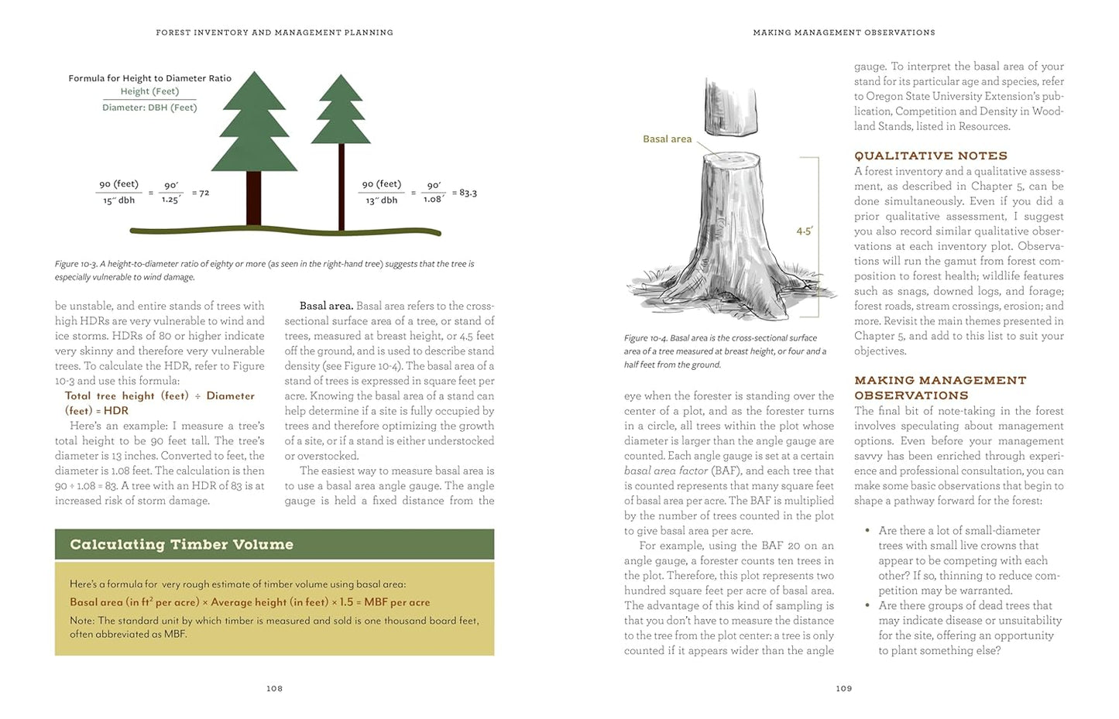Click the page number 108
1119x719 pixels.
pyautogui.click(x=274, y=688)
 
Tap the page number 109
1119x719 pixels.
pyautogui.click(x=843, y=688)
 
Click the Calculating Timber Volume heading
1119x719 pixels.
pyautogui.click(x=181, y=544)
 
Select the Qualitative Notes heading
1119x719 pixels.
pyautogui.click(x=930, y=156)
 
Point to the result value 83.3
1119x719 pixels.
pyautogui.click(x=468, y=193)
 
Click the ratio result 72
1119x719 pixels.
pyautogui.click(x=204, y=193)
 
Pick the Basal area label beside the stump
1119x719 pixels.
pyautogui.click(x=667, y=139)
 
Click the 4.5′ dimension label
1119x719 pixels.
pyautogui.click(x=805, y=231)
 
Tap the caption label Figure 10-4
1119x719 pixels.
pyautogui.click(x=645, y=338)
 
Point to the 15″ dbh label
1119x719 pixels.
pyautogui.click(x=118, y=200)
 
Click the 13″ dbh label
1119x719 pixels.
pyautogui.click(x=381, y=200)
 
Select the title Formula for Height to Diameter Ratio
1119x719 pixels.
pyautogui.click(x=149, y=78)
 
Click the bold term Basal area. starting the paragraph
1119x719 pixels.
pyautogui.click(x=326, y=306)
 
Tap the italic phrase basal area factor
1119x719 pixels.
pyautogui.click(x=666, y=471)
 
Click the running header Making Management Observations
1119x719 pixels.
pyautogui.click(x=843, y=33)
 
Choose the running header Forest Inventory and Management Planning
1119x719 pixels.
pyautogui.click(x=274, y=33)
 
